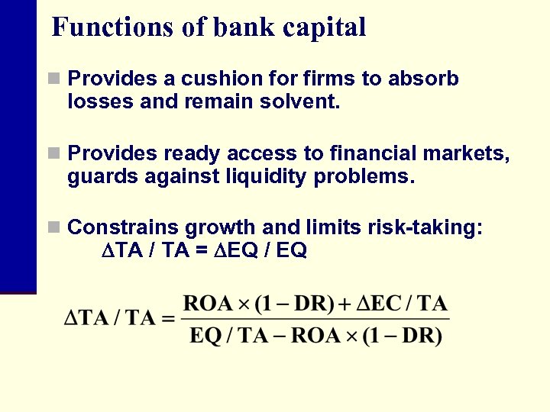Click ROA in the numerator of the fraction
(x=208, y=304)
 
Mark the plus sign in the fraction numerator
(x=345, y=304)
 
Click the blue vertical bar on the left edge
(x=18, y=145)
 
